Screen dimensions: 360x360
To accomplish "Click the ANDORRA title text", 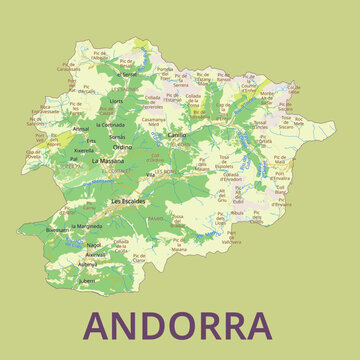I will pos(178,325).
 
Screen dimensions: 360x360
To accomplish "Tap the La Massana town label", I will pos(106,160).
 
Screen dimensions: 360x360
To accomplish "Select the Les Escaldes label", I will pos(128,200).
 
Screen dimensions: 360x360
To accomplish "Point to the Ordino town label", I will pos(122,147).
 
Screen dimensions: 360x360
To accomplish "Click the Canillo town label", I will pos(177,133).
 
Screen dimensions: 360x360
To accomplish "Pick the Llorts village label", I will pos(116,100).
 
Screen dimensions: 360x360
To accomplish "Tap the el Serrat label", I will pos(127,74).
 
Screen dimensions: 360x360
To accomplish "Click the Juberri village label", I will pos(88,281).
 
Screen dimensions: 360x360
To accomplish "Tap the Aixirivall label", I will pos(95,254).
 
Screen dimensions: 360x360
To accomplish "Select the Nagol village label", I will pos(94,244).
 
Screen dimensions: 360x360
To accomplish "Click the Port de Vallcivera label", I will pos(231,239).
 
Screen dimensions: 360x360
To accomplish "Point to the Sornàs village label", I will pos(117,136).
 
